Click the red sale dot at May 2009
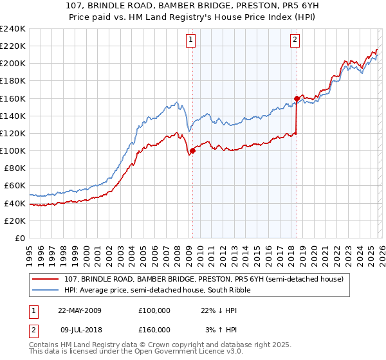(x=192, y=151)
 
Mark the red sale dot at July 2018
(x=297, y=98)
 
